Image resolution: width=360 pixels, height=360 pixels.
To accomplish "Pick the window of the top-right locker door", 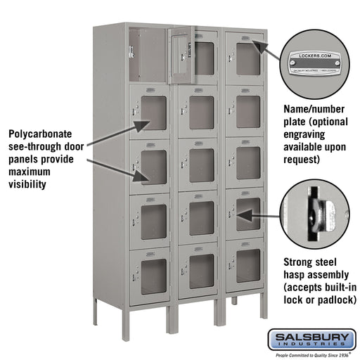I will pyautogui.click(x=247, y=59).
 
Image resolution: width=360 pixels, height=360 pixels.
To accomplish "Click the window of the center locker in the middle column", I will pyautogui.click(x=201, y=165).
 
